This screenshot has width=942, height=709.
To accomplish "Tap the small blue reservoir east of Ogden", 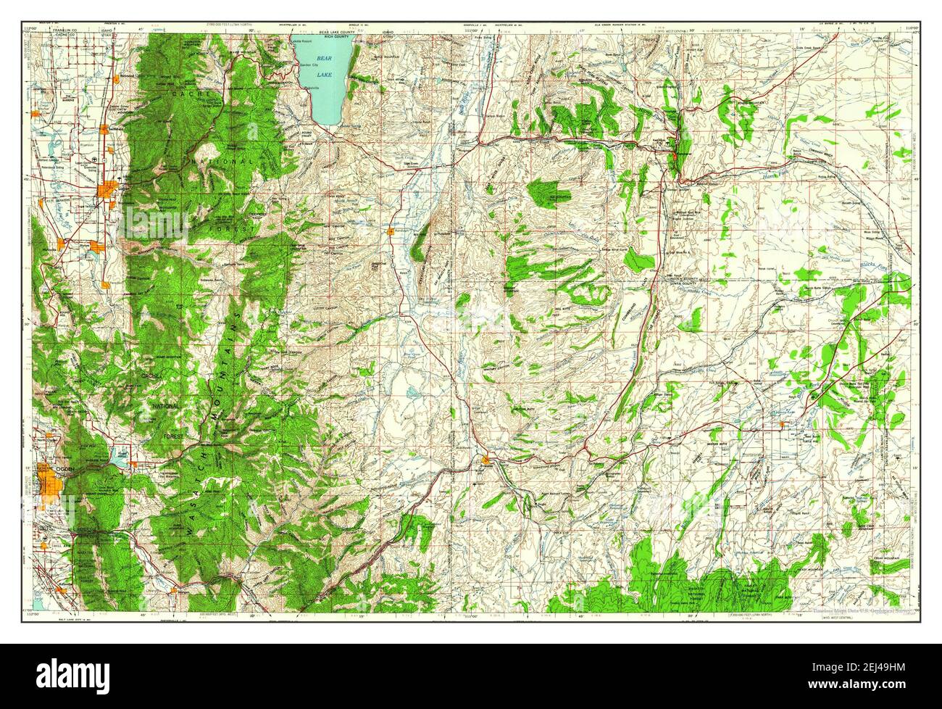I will click(x=118, y=458).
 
